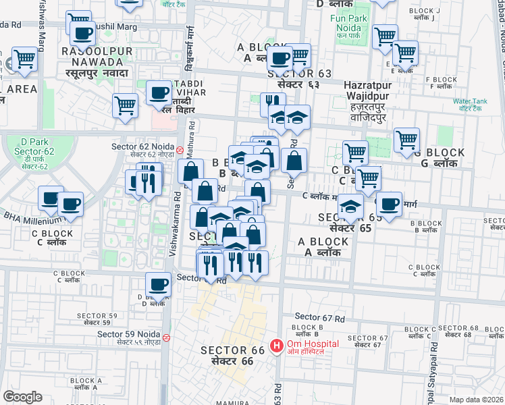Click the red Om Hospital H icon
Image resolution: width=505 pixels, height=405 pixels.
pyautogui.click(x=276, y=346)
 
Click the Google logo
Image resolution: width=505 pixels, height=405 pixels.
pyautogui.click(x=22, y=397)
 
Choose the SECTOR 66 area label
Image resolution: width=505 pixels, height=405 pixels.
pyautogui.click(x=227, y=356)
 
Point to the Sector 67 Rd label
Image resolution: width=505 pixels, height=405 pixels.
pyautogui.click(x=320, y=317)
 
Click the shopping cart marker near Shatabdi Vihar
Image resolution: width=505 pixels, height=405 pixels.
pyautogui.click(x=126, y=105)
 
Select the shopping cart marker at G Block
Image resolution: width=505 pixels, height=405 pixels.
pyautogui.click(x=406, y=140)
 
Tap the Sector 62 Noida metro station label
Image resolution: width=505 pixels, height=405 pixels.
pyautogui.click(x=143, y=151)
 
